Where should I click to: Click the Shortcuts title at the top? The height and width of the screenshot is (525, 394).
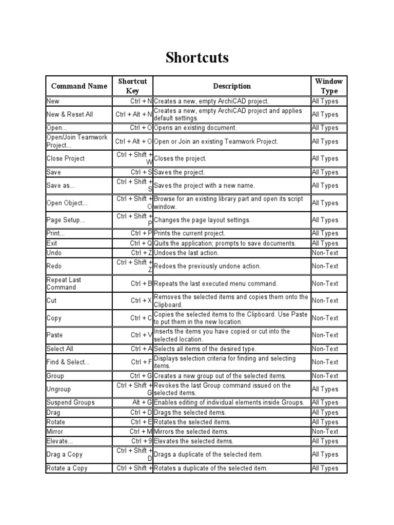point(197,58)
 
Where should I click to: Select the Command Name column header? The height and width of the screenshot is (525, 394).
point(79,86)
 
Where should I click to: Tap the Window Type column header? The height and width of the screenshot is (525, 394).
point(329,86)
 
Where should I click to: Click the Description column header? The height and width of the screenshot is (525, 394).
point(232,86)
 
